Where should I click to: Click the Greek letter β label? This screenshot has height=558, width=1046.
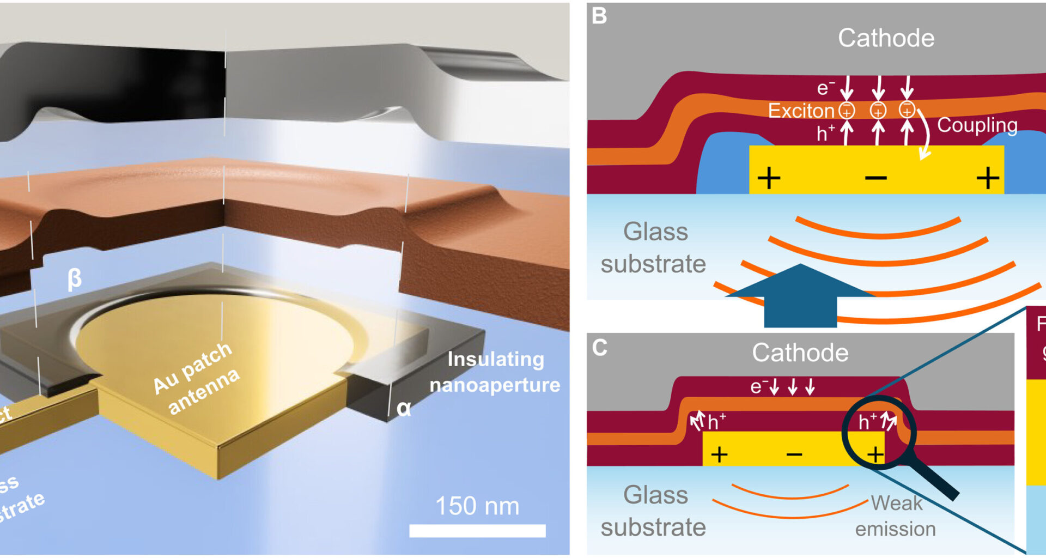(x=75, y=279)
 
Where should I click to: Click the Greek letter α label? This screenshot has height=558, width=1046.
(x=404, y=408)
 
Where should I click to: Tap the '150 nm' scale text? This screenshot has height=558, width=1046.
(x=477, y=506)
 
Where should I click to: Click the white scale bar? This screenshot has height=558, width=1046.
(x=477, y=531)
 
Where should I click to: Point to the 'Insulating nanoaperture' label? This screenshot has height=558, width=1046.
(x=495, y=372)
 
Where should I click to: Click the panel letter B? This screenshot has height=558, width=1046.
(x=599, y=16)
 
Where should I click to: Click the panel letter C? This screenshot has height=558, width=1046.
(x=599, y=348)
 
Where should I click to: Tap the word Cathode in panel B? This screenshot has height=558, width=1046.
(x=886, y=38)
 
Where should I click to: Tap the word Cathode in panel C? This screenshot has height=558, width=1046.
(x=800, y=353)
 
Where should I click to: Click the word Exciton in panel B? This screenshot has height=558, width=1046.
(x=801, y=111)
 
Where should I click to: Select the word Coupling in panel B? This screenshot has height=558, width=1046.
(x=977, y=125)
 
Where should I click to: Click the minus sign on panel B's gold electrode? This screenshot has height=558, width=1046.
(x=875, y=178)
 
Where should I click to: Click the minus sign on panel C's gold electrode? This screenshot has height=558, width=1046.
(x=794, y=454)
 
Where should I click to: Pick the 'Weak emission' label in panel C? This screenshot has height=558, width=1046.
(x=896, y=515)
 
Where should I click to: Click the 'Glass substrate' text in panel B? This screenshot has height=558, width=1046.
(x=654, y=247)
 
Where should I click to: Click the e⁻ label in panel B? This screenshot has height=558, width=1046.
(x=825, y=88)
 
